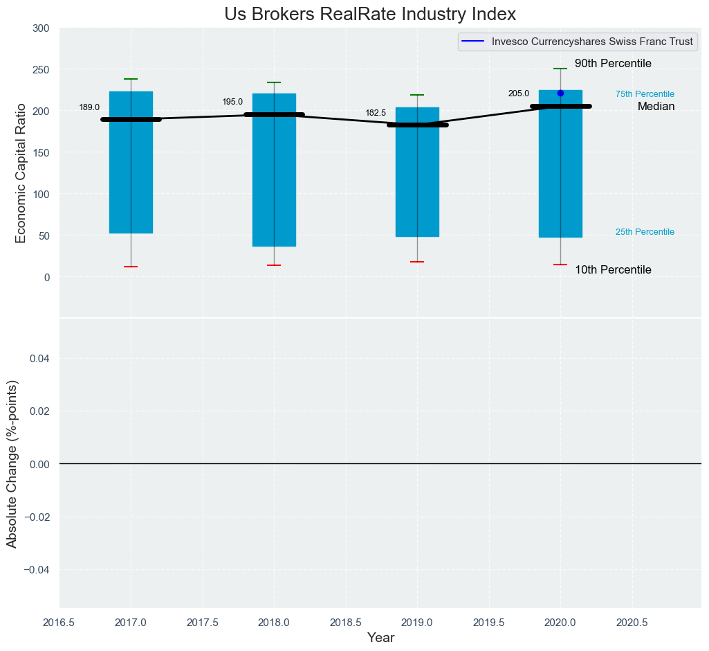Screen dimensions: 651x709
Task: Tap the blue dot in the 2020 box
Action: click(x=560, y=93)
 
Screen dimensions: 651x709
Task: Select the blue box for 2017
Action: click(x=131, y=173)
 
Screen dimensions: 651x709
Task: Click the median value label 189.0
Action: click(x=89, y=107)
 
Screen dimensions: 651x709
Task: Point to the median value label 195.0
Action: click(x=232, y=102)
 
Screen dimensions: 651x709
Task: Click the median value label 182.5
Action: click(x=376, y=113)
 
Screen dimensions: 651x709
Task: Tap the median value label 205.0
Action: click(x=519, y=93)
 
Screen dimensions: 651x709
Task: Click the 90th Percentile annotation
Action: click(x=613, y=64)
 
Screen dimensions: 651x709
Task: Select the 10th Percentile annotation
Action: click(x=613, y=270)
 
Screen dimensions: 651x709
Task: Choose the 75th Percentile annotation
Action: click(x=645, y=94)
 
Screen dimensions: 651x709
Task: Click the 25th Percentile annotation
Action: click(x=645, y=232)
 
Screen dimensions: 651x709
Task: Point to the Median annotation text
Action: click(x=656, y=107)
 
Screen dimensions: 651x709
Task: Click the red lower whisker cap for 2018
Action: click(x=274, y=265)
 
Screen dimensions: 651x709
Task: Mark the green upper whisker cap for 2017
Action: click(x=131, y=79)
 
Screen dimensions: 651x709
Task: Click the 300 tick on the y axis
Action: click(x=41, y=28)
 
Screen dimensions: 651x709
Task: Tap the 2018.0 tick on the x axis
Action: click(x=274, y=623)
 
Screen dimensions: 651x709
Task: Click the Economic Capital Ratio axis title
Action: click(x=21, y=173)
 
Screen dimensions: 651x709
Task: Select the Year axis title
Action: click(x=380, y=638)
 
